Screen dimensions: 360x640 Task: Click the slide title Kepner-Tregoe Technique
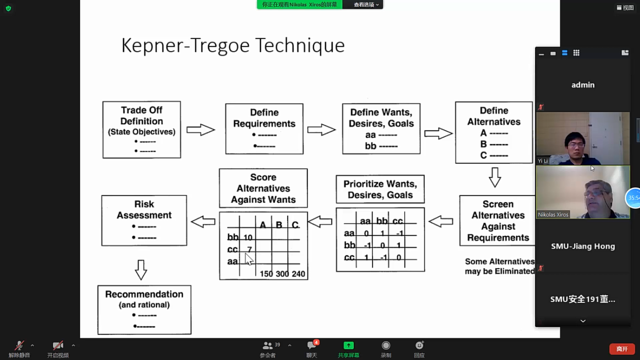233,45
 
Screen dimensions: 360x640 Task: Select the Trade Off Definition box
141,130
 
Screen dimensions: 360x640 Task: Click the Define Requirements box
264,129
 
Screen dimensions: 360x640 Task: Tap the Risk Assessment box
144,221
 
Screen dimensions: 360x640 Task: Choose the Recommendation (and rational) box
144,310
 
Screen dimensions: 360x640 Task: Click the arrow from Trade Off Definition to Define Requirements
200,130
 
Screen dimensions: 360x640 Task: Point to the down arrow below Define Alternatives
495,178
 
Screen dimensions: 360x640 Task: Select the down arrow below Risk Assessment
141,270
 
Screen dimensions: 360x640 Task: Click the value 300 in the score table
282,274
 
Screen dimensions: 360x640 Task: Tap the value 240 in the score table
298,274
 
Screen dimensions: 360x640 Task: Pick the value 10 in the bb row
248,237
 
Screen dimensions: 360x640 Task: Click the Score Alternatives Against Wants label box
263,188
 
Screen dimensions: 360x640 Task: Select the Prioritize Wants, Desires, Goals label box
380,189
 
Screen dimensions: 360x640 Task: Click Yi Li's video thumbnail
582,138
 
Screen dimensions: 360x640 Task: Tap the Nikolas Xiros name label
553,215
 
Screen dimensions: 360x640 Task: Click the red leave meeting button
622,349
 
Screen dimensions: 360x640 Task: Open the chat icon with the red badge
311,346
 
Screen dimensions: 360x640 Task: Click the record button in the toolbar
386,346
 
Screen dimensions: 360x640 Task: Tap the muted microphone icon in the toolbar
19,346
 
